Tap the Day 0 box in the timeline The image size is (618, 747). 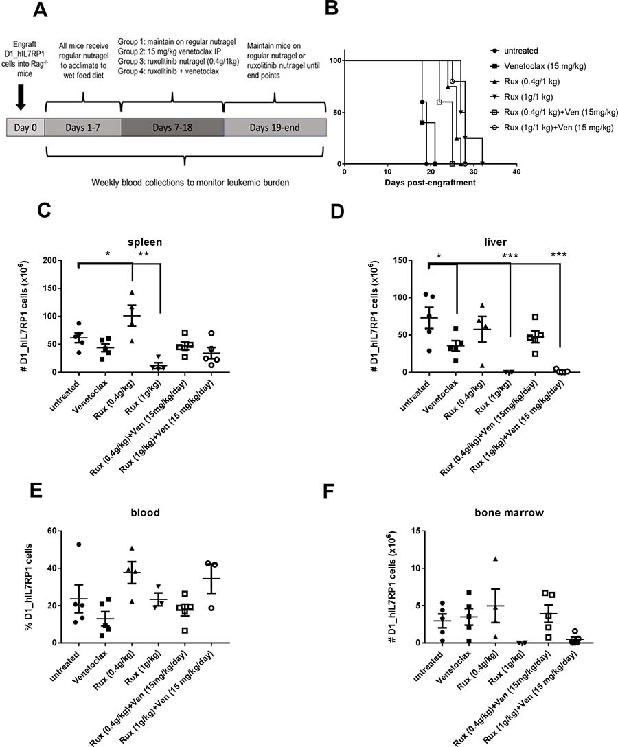pyautogui.click(x=25, y=127)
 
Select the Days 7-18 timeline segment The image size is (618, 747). pyautogui.click(x=172, y=127)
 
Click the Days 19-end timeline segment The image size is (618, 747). pyautogui.click(x=275, y=127)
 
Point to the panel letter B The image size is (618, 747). pyautogui.click(x=331, y=8)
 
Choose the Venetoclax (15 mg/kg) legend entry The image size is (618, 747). pyautogui.click(x=538, y=66)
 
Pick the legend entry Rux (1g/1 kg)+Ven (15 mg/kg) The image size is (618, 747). pyautogui.click(x=552, y=128)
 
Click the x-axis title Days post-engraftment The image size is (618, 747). pyautogui.click(x=430, y=183)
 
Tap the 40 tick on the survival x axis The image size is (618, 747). pyautogui.click(x=516, y=172)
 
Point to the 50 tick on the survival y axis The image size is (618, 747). pyautogui.click(x=336, y=113)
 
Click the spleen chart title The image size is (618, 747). pyautogui.click(x=145, y=242)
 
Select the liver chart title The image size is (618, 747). pyautogui.click(x=495, y=242)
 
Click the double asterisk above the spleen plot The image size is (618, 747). pyautogui.click(x=144, y=255)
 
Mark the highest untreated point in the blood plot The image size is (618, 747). pyautogui.click(x=78, y=544)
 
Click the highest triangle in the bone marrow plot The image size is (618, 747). pyautogui.click(x=496, y=559)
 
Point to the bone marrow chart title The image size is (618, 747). pyautogui.click(x=509, y=513)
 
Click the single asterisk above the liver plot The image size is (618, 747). pyautogui.click(x=439, y=257)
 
